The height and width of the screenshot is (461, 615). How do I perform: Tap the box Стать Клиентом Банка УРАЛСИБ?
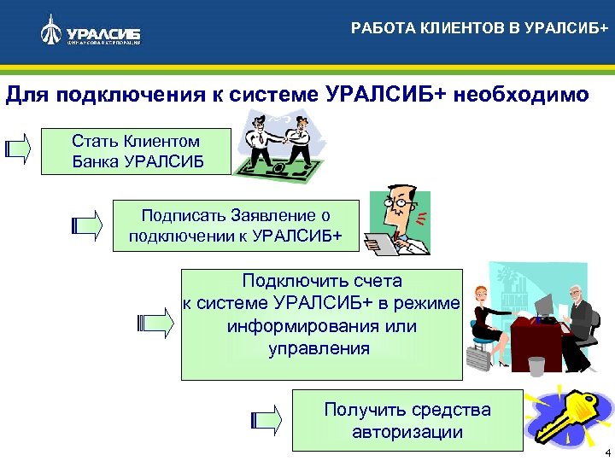pos(137,151)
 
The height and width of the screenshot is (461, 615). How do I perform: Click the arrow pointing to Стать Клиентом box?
pos(18,149)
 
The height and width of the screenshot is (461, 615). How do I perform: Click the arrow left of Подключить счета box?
pos(155,322)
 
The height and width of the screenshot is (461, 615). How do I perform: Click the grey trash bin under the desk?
pos(536,366)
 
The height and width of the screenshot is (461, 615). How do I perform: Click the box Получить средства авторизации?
pos(407,420)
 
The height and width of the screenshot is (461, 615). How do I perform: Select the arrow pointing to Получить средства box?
pos(266,419)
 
